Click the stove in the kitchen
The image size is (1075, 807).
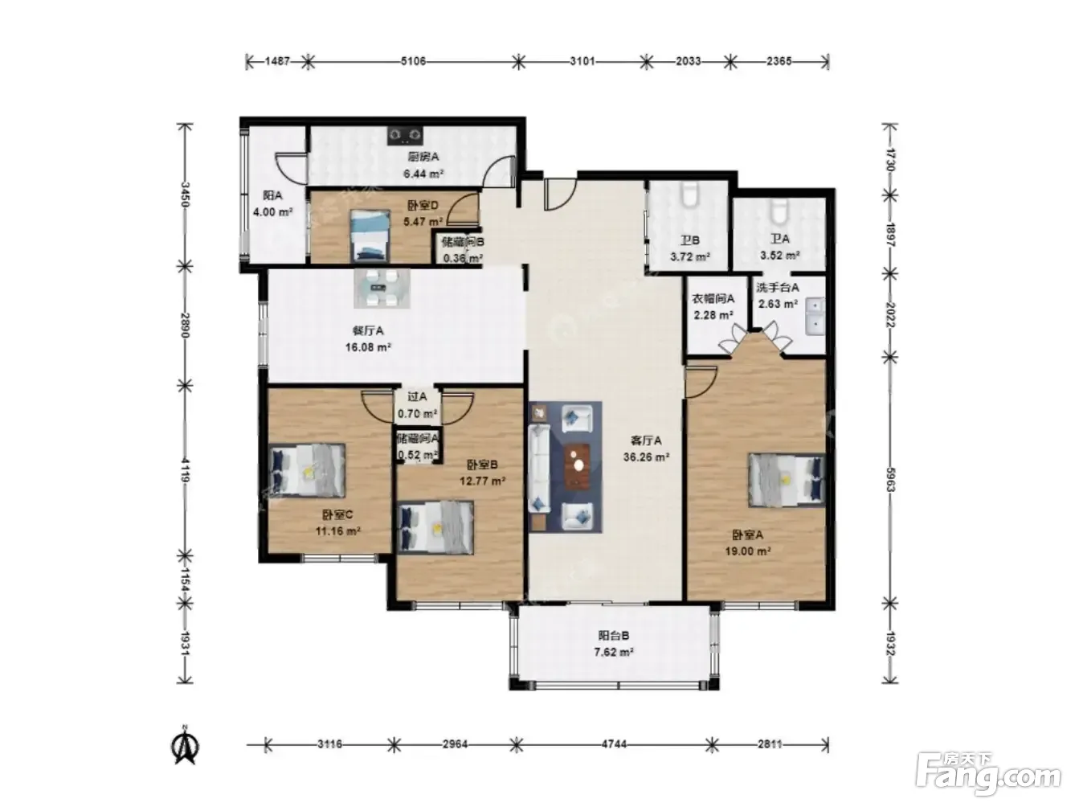405,136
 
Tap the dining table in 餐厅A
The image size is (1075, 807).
382,289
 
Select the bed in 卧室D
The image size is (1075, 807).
370,236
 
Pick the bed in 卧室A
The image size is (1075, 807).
787,480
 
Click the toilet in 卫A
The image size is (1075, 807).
778,210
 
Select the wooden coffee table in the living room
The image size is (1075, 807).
578,466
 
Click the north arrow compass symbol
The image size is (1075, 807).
185,746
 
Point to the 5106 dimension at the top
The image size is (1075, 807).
413,61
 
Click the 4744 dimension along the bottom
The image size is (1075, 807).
614,744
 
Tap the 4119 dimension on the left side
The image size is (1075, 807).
185,471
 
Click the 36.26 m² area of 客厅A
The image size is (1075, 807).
647,457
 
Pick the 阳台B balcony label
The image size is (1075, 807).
614,636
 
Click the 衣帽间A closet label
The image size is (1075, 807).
713,298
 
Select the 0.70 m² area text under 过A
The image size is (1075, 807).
417,414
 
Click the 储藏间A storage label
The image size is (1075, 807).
418,438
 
